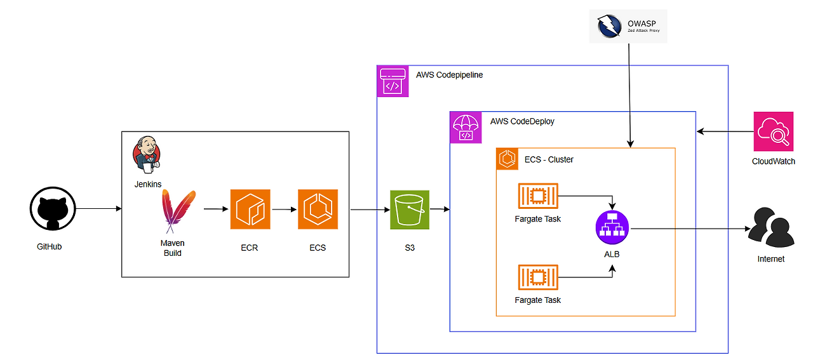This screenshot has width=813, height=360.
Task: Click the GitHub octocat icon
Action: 53,212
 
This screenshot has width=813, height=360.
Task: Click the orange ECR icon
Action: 250,210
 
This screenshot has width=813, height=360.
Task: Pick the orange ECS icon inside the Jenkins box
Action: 318,210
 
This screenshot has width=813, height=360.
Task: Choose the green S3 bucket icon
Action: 410,210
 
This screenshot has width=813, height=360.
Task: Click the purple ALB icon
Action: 612,227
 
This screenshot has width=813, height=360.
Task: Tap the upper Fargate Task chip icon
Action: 538,197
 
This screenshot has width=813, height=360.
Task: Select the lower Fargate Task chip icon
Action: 538,278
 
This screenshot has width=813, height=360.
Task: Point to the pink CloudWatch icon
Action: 773,131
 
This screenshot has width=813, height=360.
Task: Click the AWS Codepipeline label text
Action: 449,75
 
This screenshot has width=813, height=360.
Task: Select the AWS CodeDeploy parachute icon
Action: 466,128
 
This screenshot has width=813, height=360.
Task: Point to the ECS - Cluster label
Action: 549,159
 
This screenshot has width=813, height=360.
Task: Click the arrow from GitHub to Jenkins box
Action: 98,208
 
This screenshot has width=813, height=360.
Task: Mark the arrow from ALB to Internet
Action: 686,229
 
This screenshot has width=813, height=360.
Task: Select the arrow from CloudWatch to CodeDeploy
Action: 725,132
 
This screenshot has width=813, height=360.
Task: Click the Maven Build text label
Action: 172,248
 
